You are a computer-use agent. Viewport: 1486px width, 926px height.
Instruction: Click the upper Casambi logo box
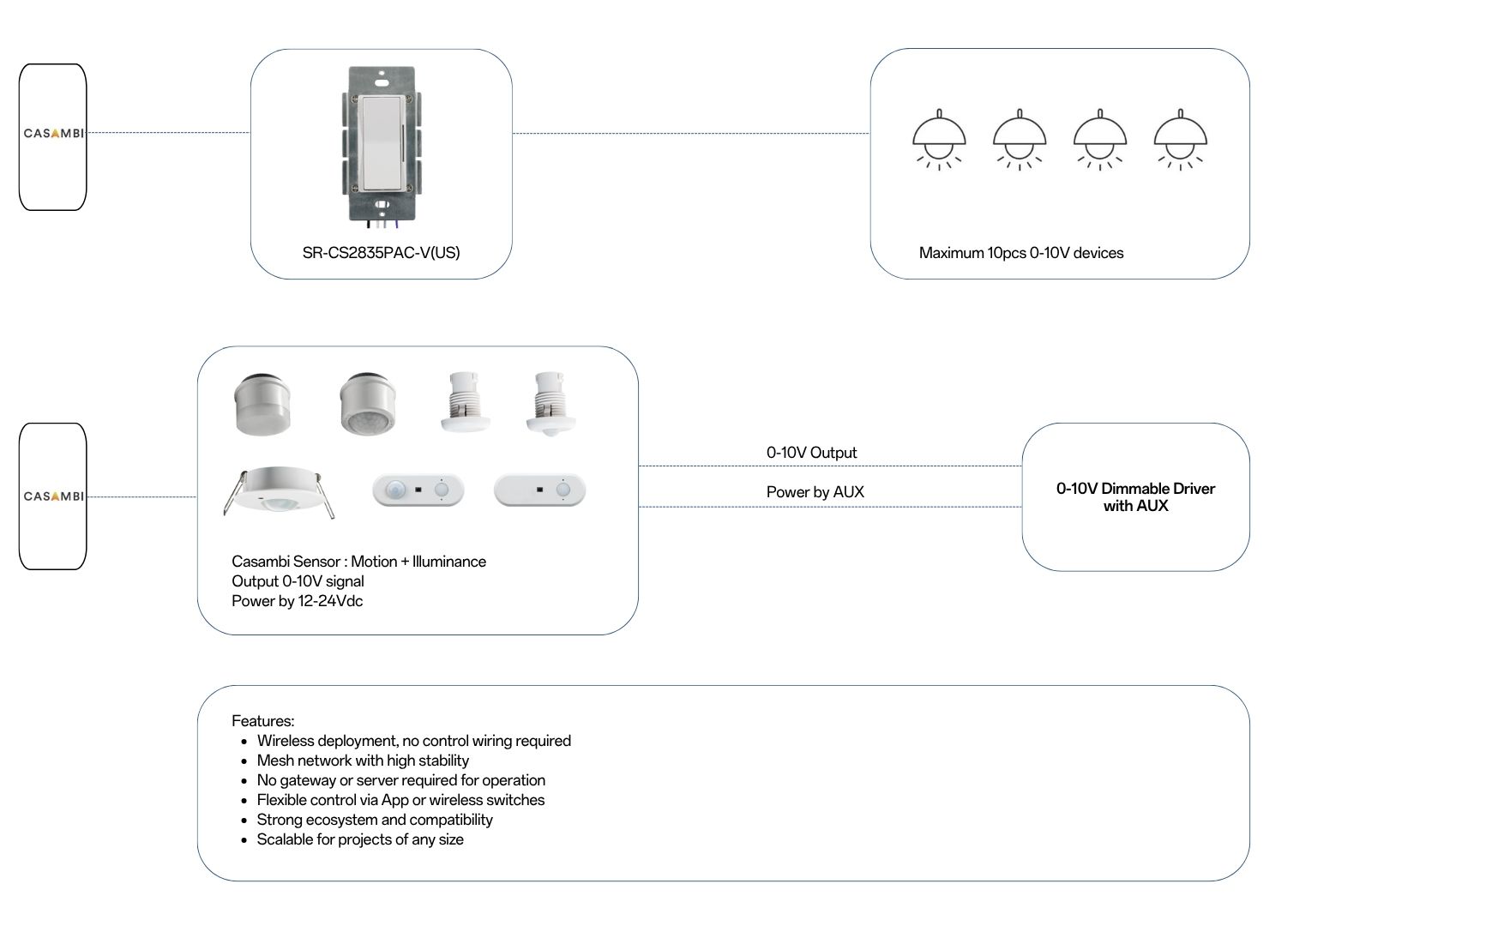point(53,136)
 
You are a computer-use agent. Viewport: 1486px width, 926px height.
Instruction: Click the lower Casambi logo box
point(53,496)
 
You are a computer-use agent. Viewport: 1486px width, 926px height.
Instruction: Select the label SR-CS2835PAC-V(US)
point(381,253)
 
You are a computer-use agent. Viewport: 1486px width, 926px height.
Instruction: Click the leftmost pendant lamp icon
point(939,140)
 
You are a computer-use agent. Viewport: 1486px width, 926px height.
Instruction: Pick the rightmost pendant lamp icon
point(1181,140)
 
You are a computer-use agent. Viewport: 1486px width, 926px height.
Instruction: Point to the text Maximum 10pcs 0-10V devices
point(1020,253)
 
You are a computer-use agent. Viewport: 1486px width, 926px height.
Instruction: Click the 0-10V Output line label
point(811,453)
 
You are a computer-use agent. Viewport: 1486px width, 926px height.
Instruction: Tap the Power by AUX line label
point(815,492)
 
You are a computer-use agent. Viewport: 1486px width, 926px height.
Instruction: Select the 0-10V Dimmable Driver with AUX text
point(1135,497)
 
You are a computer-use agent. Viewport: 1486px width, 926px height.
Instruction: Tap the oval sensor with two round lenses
point(418,490)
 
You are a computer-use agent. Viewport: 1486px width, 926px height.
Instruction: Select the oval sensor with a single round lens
point(539,490)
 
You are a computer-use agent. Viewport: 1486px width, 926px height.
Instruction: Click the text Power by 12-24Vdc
point(297,601)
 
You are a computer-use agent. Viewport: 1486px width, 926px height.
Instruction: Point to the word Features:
point(262,721)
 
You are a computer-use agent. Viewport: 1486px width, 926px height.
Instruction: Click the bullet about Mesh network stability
point(363,761)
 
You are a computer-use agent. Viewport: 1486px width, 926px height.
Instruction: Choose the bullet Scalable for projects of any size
point(360,839)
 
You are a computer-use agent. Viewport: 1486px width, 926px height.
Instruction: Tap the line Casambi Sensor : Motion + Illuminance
point(358,562)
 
